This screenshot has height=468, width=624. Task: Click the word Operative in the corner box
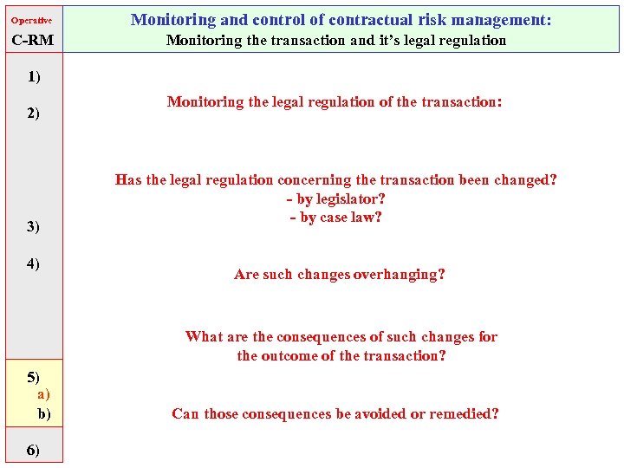(31, 20)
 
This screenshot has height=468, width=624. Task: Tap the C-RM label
(32, 40)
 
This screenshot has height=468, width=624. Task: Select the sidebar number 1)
(34, 76)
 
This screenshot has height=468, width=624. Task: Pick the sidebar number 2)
(34, 113)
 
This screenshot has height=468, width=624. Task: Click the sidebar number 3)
(34, 226)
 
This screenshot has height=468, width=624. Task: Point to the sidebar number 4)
(34, 263)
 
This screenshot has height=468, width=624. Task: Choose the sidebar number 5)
(34, 376)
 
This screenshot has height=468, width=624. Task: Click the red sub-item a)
(43, 394)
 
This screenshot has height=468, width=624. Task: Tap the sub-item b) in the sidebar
(43, 413)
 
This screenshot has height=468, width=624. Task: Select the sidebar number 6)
(34, 450)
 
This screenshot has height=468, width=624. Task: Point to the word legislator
(345, 198)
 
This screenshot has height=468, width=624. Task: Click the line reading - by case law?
(336, 217)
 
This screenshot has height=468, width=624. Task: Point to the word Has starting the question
(128, 180)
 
